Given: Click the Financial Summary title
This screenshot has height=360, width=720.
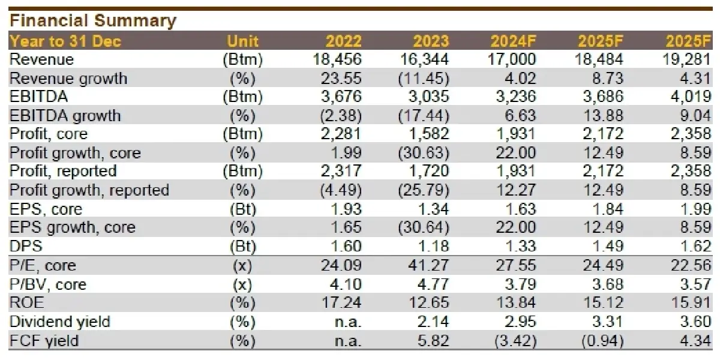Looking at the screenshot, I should pos(93,21).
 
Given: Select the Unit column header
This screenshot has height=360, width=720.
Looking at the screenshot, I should pos(243,41).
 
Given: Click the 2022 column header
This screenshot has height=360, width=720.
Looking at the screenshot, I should pos(344,41).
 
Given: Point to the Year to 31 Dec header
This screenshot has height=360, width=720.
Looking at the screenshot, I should pos(65,41).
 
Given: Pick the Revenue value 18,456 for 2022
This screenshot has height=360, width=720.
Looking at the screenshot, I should pos(337,59).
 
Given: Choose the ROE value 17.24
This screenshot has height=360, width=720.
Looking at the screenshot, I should pos(343,302).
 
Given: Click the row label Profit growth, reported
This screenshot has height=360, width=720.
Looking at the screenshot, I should pos(89,190).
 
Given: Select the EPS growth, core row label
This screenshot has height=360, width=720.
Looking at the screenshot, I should pos(73,227).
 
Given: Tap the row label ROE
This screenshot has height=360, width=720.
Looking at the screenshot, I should pos(27,302).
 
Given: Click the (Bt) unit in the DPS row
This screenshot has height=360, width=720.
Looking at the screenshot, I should pos(243,246).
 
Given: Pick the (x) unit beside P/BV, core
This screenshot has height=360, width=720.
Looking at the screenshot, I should pos(243,284).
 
